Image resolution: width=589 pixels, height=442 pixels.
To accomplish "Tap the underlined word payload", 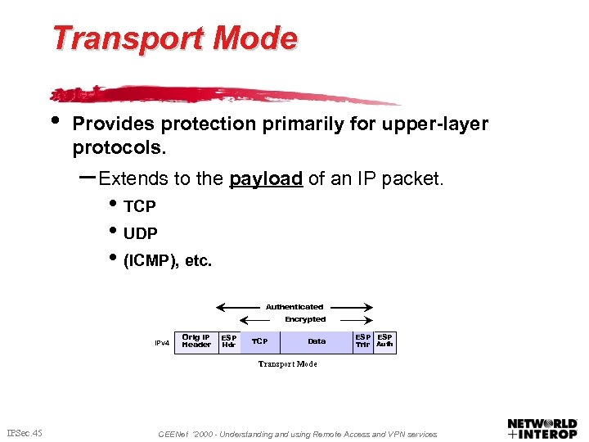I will point(266,178).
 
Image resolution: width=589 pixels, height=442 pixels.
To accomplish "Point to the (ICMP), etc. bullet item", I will point(167,262).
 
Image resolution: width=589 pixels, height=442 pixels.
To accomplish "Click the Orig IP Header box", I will point(196,341).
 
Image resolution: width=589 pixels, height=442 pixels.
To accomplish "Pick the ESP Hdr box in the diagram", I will point(229,341).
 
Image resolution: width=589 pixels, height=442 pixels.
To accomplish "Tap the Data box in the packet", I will point(317,341).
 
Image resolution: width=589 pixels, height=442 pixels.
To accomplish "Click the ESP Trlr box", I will point(362,341).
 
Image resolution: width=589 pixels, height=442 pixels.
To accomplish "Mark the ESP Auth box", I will point(384,341).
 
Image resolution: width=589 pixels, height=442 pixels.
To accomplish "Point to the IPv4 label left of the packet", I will point(162,343).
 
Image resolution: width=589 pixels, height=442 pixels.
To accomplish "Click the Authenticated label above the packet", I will point(294,307).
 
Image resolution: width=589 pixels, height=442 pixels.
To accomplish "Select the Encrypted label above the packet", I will point(305,319).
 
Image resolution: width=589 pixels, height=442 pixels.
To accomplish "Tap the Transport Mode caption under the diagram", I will point(287,363).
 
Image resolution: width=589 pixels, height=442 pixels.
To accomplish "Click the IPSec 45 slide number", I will point(25,433).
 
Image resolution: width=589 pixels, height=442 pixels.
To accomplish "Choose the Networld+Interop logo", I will point(542,428).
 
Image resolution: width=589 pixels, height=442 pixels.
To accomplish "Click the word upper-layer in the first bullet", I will point(442,124).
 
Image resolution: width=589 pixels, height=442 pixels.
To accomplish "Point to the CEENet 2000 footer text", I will point(298,434).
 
